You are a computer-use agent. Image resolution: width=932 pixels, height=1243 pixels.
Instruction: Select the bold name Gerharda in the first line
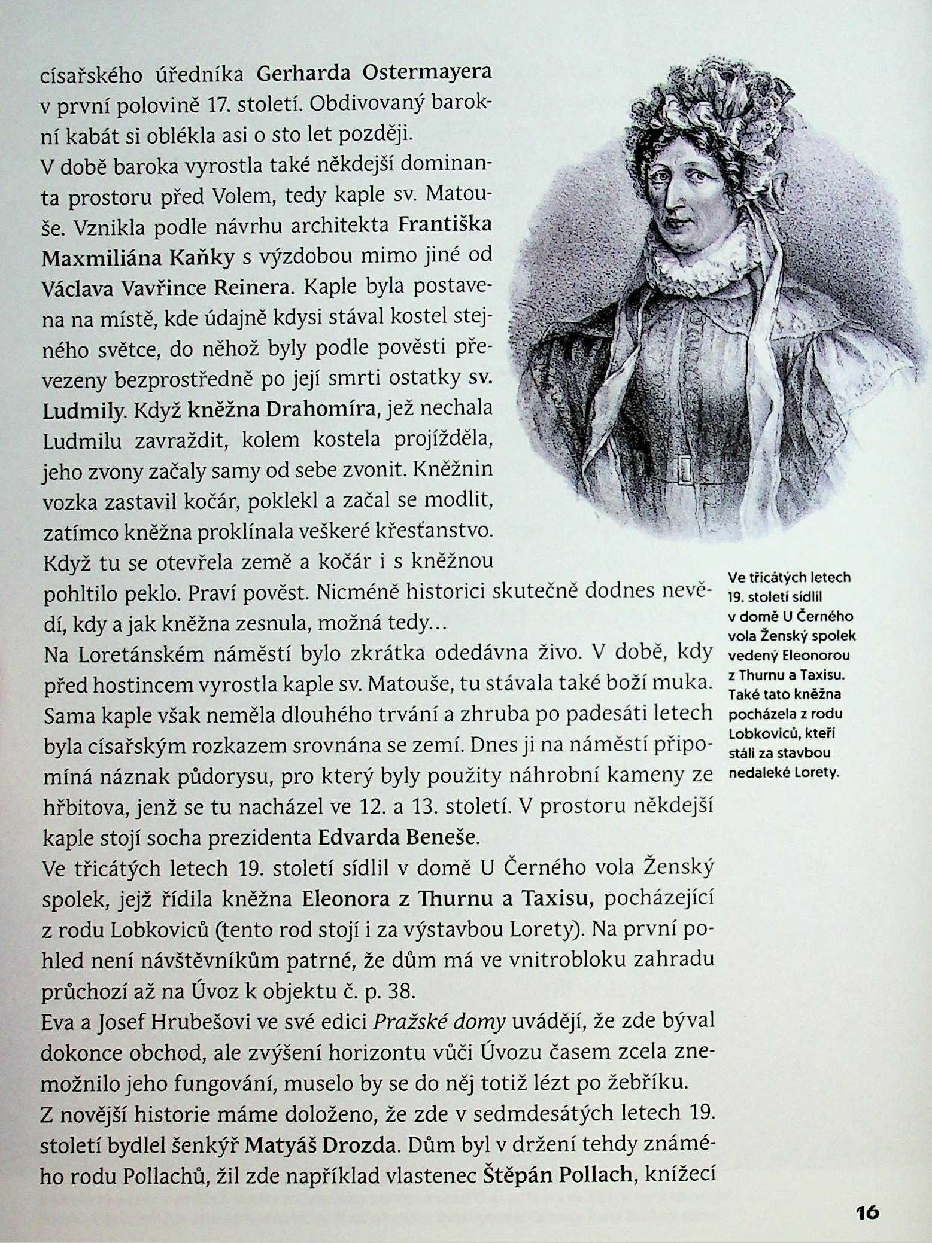tap(303, 74)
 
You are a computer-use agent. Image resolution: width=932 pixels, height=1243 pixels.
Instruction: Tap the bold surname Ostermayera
tap(427, 72)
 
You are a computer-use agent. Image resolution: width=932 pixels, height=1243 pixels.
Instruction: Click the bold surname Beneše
tap(442, 837)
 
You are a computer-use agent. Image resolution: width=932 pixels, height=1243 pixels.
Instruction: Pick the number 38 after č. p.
tap(400, 991)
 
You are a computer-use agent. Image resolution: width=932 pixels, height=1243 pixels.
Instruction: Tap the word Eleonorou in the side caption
tap(815, 656)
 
